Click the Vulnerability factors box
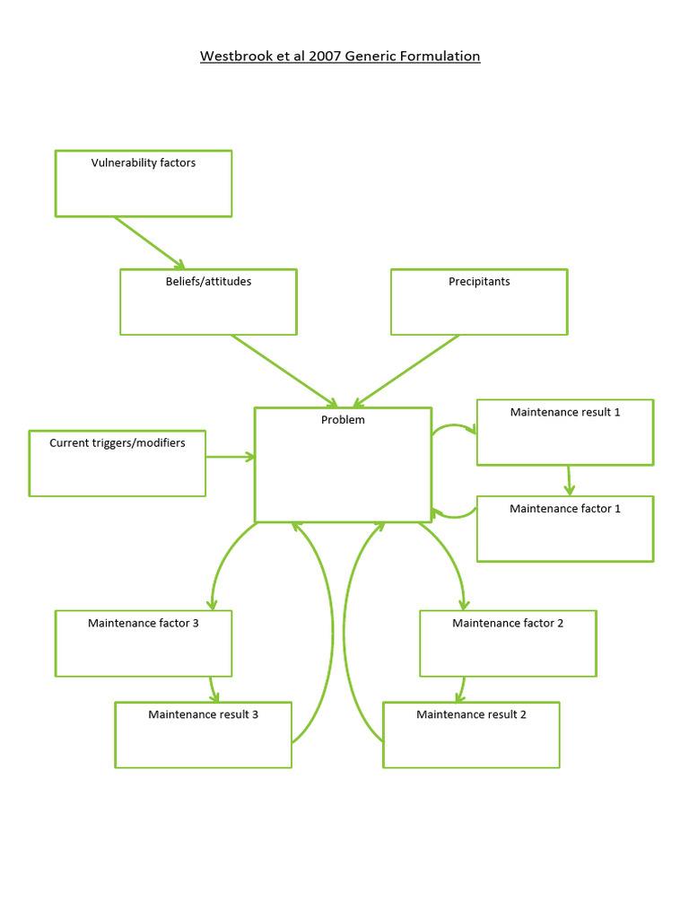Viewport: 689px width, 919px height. point(144,183)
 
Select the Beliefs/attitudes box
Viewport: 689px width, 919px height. point(208,302)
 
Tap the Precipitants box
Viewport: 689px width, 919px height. point(479,302)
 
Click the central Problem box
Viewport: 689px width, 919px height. point(343,465)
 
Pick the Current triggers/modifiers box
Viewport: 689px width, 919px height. point(118,463)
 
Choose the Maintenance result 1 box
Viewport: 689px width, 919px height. point(565,433)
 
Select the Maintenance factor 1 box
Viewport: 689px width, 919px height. point(565,529)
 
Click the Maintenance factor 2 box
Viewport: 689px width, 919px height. point(508,643)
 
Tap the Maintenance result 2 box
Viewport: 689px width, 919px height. point(471,735)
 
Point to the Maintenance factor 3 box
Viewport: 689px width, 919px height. point(144,643)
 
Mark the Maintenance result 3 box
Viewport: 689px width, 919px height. point(204,735)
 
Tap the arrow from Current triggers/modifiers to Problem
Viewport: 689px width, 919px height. point(231,457)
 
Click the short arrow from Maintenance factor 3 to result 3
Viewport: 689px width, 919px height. point(214,689)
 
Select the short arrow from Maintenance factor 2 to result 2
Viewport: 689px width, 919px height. point(460,689)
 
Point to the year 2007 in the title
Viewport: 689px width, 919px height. point(326,57)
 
